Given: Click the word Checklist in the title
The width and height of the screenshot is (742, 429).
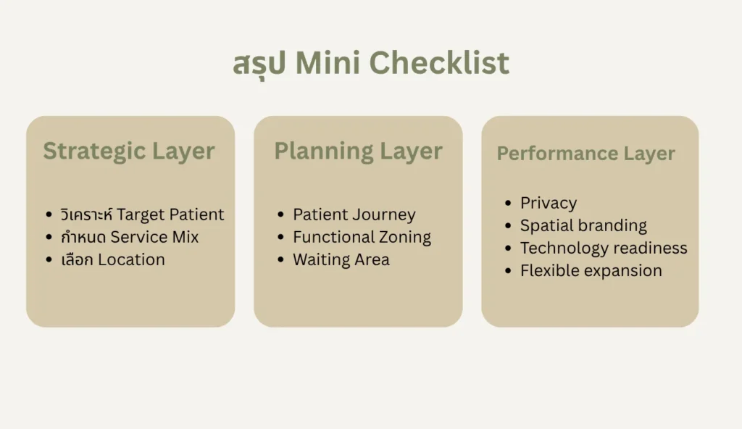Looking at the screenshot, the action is coord(439,62).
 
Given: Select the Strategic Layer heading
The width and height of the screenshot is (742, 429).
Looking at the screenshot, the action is coord(129,151).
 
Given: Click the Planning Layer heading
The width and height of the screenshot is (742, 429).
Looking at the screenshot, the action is coord(358,151).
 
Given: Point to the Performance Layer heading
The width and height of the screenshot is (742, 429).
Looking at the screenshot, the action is coord(585,154).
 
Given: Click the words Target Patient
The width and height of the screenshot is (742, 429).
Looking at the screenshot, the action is coord(170,214).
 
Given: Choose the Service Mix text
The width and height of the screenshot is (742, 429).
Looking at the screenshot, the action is coord(155,237).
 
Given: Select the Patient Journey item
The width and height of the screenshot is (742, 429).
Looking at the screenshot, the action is coord(354,214).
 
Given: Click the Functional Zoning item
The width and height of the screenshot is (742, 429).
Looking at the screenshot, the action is coord(362,237).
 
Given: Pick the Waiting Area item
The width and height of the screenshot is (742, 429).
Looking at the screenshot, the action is coord(341,260).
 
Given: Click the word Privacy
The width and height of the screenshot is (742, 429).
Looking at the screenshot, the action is coord(549,203).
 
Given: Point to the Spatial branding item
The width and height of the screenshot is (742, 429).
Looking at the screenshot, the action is coord(583,226).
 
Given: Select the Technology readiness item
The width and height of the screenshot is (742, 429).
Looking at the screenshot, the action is coord(604,248).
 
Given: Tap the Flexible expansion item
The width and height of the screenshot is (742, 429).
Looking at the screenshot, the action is coord(591,271).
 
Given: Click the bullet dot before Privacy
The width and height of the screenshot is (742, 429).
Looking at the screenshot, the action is coord(508,203).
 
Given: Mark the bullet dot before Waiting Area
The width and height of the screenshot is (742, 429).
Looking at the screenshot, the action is coord(280,259).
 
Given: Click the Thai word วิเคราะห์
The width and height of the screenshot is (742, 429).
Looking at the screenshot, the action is coord(87,214).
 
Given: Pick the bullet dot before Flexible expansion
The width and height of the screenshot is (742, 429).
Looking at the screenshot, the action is coord(508,271).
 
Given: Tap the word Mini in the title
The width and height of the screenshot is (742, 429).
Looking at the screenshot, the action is coord(328,62).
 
